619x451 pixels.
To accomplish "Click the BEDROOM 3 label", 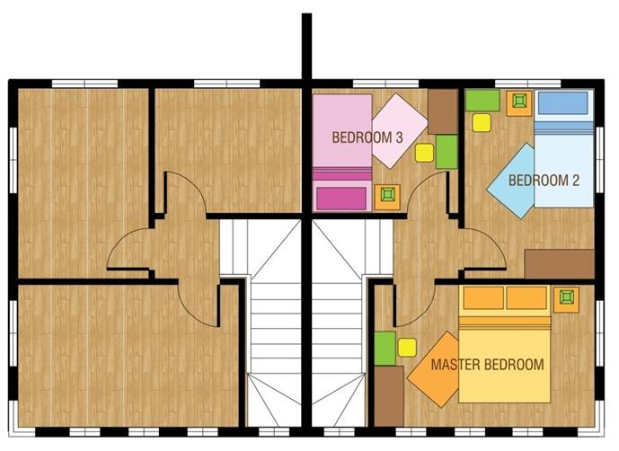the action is pos(367,137).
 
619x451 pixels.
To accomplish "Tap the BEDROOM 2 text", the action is pos(544,181).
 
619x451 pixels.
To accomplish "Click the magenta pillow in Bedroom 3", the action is pos(341,199).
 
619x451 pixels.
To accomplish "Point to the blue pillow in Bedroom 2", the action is pos(563,103).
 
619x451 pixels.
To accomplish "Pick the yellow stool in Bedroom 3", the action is pos(424,153).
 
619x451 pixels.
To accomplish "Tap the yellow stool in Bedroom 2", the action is pos(482,122).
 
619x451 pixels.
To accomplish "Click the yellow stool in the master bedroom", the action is pos(407,348).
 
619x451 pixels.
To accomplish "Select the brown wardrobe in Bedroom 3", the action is pos(443,111).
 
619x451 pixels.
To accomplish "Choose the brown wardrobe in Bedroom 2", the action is pos(560,263).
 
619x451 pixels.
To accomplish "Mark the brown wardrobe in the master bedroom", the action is pos(389,396).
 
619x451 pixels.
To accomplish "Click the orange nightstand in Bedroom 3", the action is pos(387,197).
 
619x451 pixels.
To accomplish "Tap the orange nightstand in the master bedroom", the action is pos(567,300).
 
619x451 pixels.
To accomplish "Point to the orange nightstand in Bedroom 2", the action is pos(519,103).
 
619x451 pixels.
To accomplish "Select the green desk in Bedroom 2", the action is pos(482,101).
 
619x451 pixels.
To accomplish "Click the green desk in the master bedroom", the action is pos(385,349).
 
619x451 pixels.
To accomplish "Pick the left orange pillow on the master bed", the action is pos(483,297).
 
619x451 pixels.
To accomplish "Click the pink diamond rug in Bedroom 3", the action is pos(399,131).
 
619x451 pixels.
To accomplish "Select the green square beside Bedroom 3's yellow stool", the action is pos(447,152).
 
